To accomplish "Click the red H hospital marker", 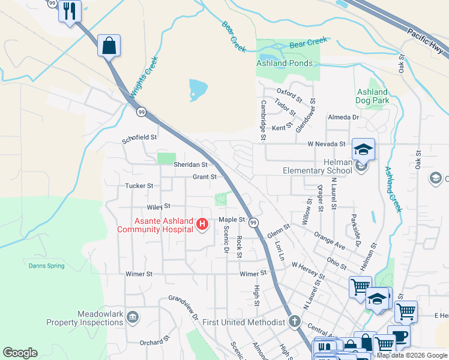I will [x=202, y=225].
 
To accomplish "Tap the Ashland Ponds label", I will [x=285, y=63].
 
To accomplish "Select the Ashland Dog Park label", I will [x=372, y=96].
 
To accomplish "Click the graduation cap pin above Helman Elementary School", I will [x=363, y=149].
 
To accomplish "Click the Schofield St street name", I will [x=139, y=137].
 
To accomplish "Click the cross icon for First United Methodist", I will [x=294, y=322].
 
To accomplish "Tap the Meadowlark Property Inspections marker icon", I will [x=133, y=317].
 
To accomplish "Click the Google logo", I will [x=20, y=353].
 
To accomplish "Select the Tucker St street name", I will [x=139, y=186].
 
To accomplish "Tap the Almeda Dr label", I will [x=343, y=118].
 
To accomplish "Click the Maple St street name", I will [x=232, y=220].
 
